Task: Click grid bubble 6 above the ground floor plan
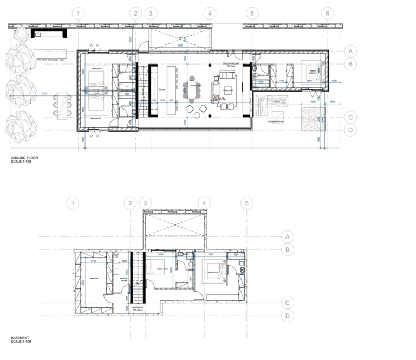[x=327, y=13]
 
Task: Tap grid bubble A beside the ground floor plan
[x=351, y=51]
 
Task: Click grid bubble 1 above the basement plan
[x=75, y=203]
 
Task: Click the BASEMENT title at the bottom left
[x=19, y=337]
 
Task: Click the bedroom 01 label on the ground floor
[x=97, y=67]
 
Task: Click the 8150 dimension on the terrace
[x=277, y=101]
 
